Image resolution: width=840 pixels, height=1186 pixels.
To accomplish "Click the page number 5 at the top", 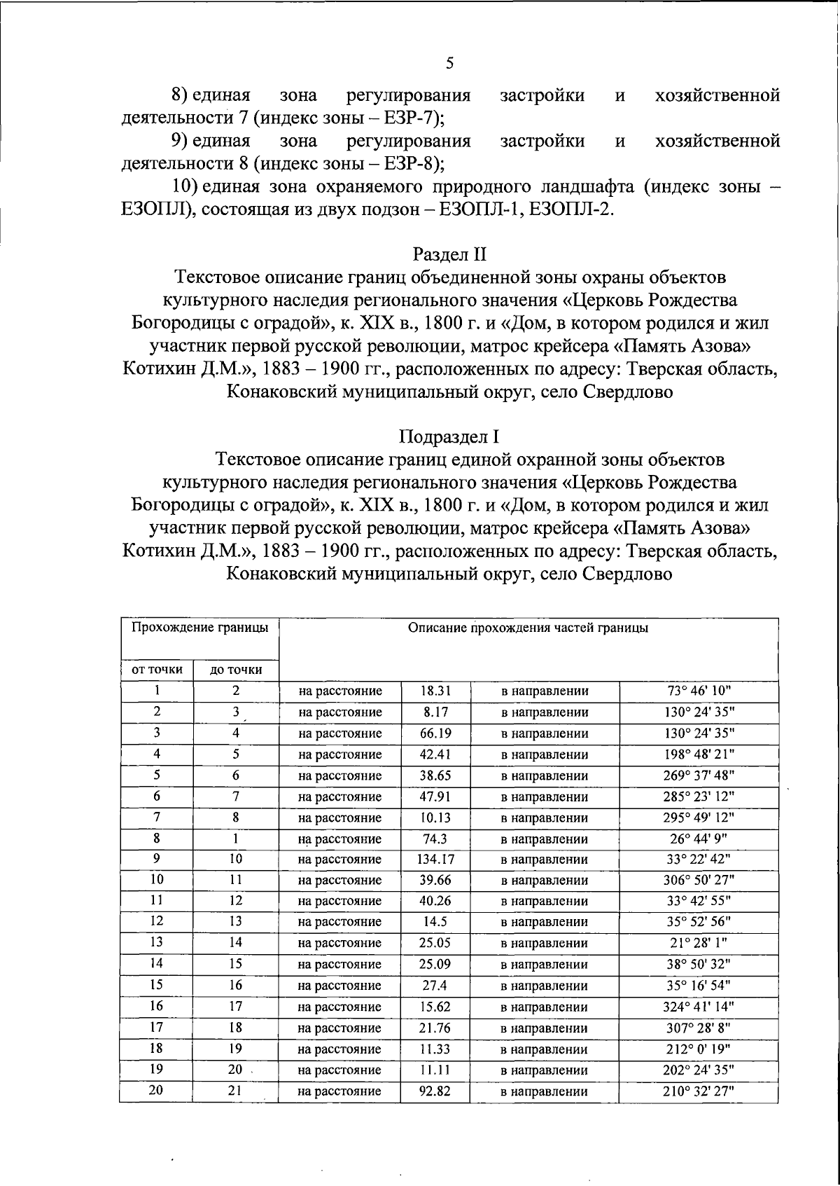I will pyautogui.click(x=449, y=63).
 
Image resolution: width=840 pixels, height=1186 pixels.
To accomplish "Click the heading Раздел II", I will pyautogui.click(x=449, y=254).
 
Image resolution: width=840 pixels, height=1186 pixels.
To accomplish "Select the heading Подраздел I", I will pyautogui.click(x=449, y=436).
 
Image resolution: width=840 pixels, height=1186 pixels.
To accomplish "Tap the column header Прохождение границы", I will pyautogui.click(x=199, y=628).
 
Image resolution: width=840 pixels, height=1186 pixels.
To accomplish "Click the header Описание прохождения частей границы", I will pyautogui.click(x=528, y=628).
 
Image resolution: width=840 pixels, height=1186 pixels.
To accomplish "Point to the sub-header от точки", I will pyautogui.click(x=157, y=670).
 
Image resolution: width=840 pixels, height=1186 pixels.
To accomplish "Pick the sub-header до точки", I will pyautogui.click(x=236, y=670).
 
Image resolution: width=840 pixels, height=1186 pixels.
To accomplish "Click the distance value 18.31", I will pyautogui.click(x=435, y=691).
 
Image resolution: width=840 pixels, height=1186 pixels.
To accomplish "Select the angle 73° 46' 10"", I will pyautogui.click(x=699, y=691).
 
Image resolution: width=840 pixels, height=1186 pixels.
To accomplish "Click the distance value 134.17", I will pyautogui.click(x=435, y=859).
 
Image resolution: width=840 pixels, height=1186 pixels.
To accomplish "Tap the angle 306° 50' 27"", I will pyautogui.click(x=699, y=880).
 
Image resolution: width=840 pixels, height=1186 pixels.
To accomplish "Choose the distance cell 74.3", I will pyautogui.click(x=435, y=839).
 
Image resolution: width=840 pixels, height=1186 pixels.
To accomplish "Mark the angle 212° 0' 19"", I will pyautogui.click(x=699, y=1049).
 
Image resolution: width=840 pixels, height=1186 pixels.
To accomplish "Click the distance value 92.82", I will pyautogui.click(x=435, y=1091).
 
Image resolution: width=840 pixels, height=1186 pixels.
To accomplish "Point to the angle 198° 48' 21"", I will pyautogui.click(x=699, y=754).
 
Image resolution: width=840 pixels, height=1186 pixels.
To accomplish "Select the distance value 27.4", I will pyautogui.click(x=435, y=986).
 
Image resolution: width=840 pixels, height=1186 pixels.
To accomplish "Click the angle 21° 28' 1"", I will pyautogui.click(x=699, y=943).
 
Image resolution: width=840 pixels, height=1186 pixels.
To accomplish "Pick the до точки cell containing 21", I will pyautogui.click(x=236, y=1091).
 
